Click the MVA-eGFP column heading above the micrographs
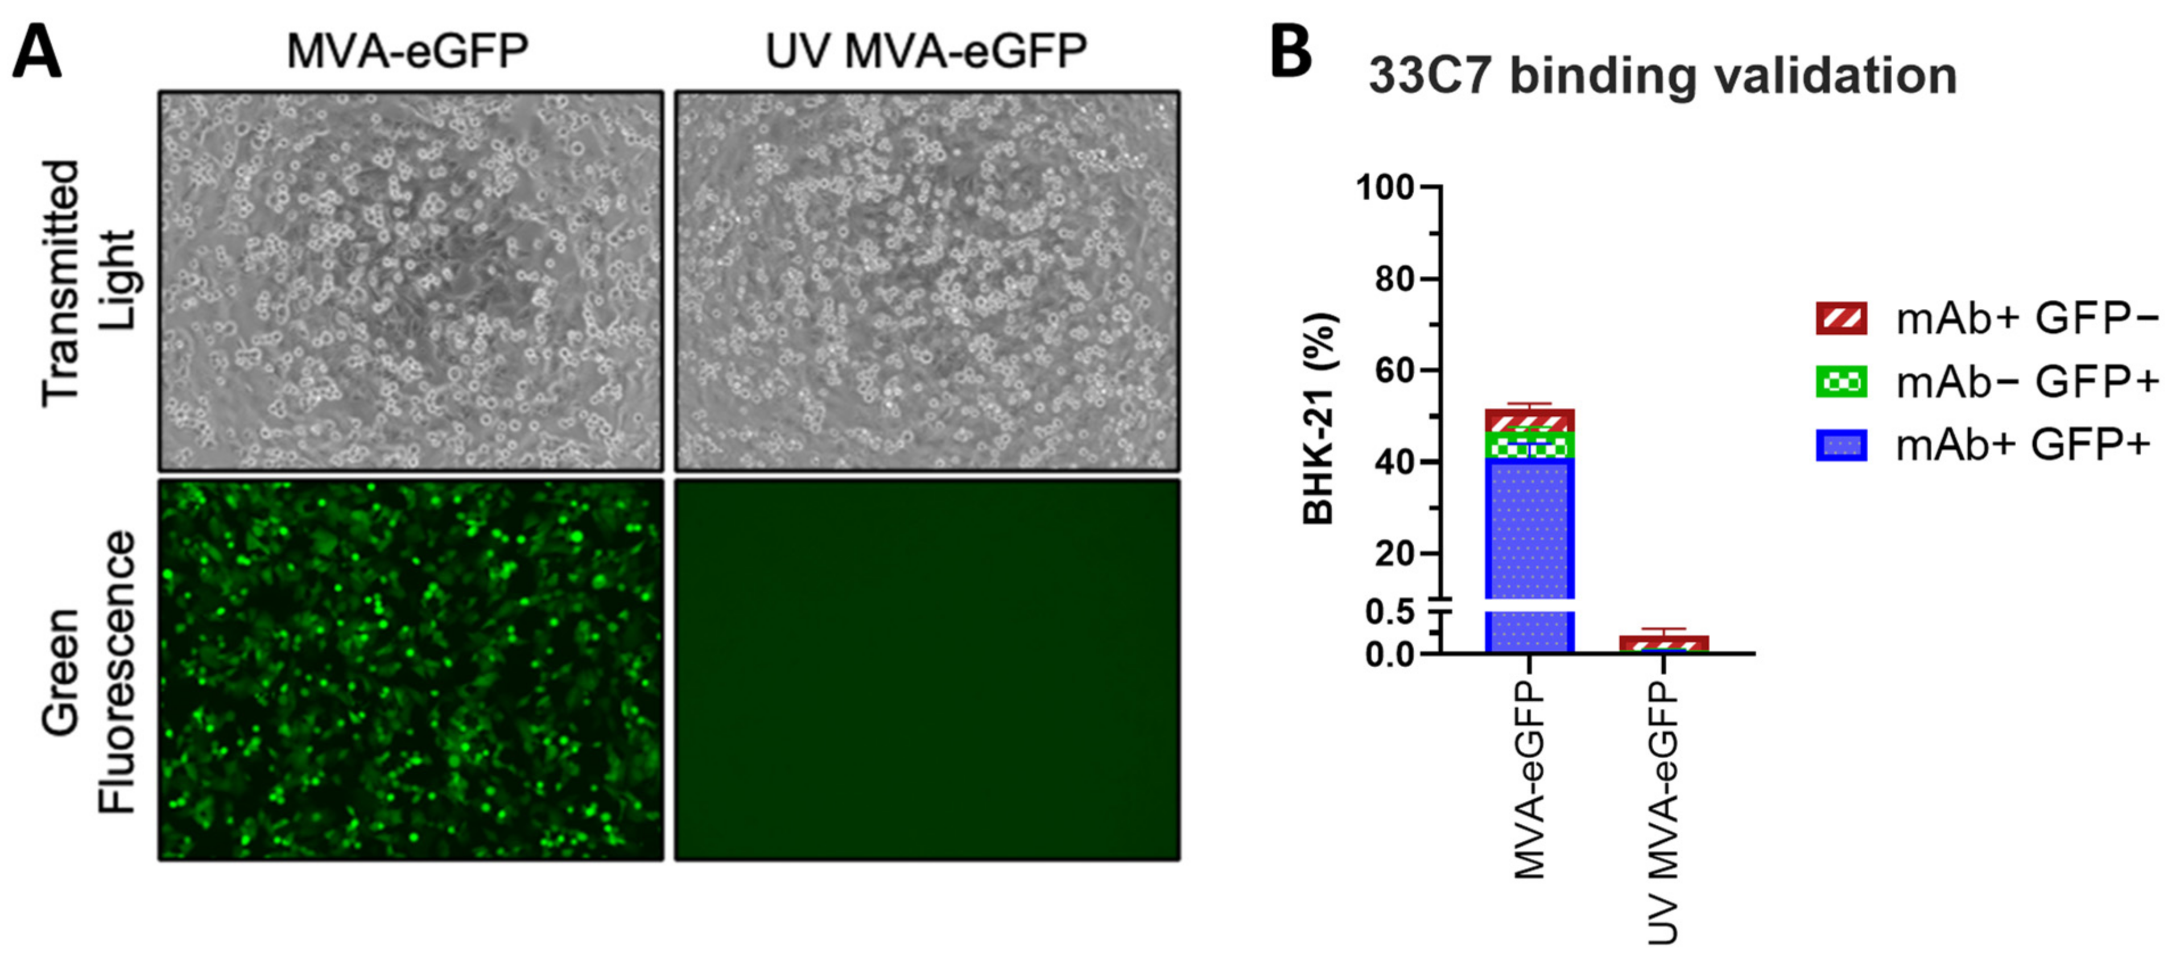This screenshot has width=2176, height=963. [408, 51]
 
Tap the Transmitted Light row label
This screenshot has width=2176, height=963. [89, 283]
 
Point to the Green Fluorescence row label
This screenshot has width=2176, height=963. [89, 672]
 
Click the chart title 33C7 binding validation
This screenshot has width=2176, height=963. [1662, 76]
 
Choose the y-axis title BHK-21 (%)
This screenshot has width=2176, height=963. [1319, 418]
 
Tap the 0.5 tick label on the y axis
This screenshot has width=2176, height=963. [1390, 613]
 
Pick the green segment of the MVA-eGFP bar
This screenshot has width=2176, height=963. [1530, 446]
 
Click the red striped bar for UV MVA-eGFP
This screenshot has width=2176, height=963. [1664, 644]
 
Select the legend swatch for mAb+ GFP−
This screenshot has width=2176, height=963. [1841, 319]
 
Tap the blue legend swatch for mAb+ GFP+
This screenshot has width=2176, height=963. [1841, 445]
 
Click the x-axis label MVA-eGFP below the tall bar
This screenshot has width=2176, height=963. [1530, 782]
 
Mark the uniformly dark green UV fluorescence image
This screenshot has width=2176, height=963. [927, 670]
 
